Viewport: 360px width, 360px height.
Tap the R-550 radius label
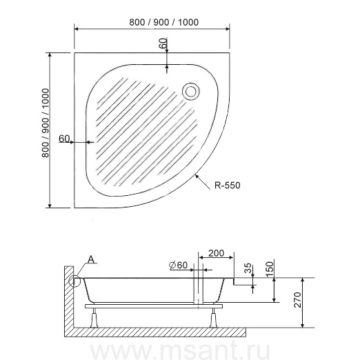click(227, 185)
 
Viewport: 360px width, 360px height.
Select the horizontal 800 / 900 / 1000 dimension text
click(163, 22)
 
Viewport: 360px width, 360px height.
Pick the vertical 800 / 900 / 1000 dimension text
click(46, 123)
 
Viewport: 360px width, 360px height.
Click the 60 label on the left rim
click(64, 139)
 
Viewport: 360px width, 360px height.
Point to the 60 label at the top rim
click(163, 43)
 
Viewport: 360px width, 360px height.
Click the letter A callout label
click(91, 259)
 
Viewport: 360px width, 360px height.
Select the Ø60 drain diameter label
click(179, 266)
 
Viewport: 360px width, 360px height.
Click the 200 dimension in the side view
click(216, 253)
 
